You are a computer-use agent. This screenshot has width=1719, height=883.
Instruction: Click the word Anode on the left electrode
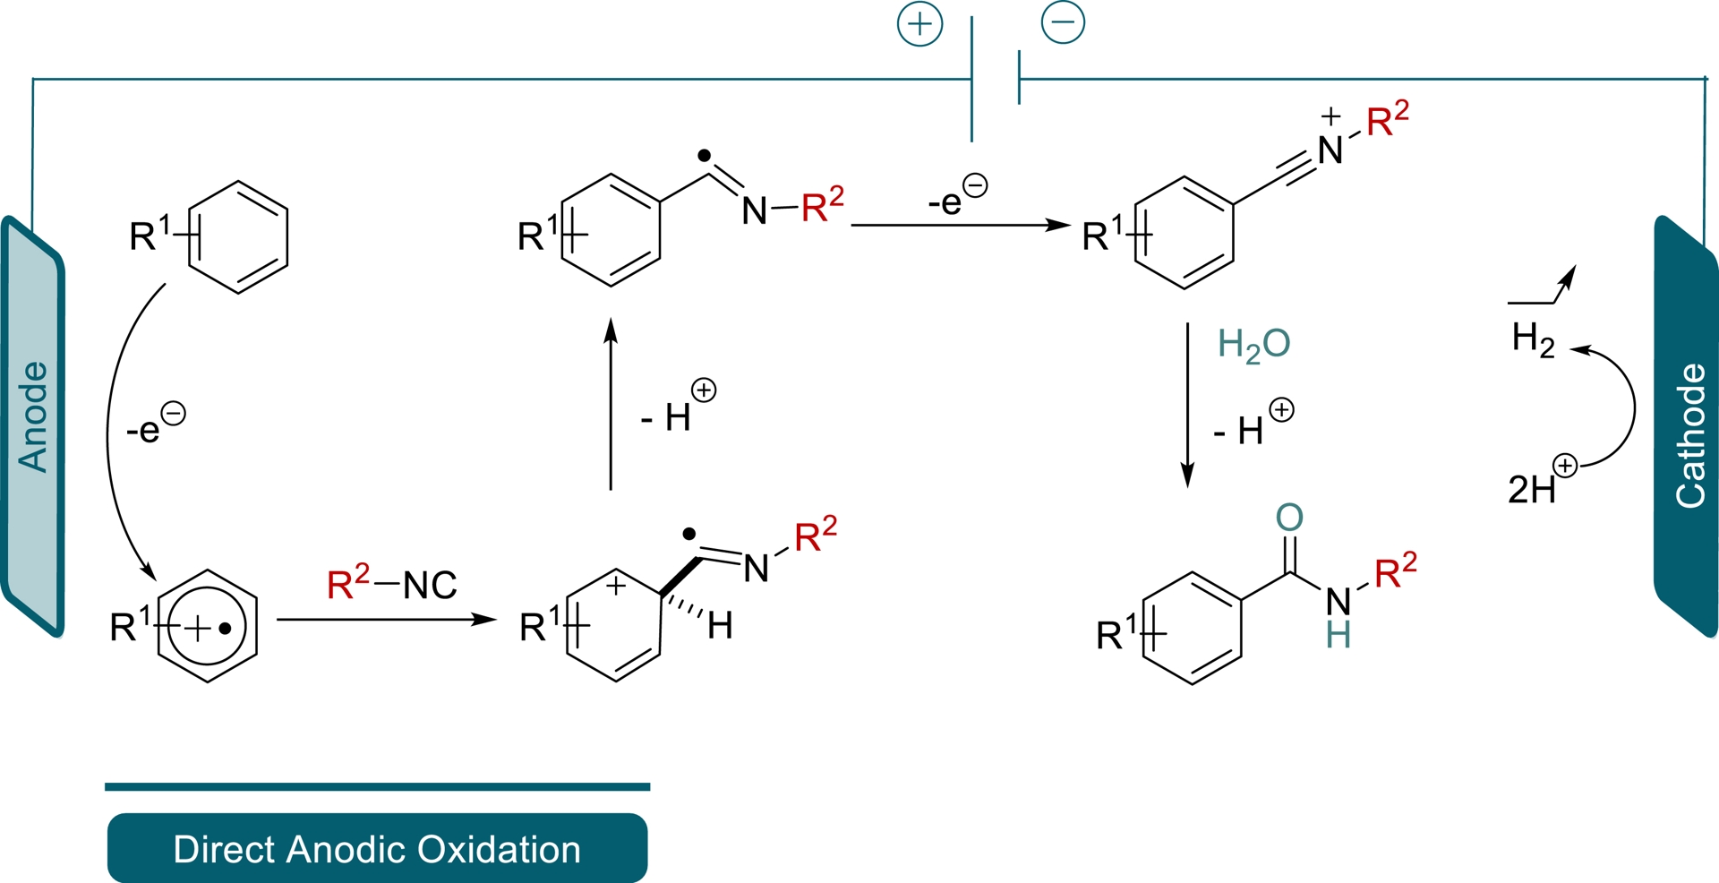pyautogui.click(x=33, y=416)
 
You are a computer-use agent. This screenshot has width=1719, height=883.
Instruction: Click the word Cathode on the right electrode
pyautogui.click(x=1690, y=436)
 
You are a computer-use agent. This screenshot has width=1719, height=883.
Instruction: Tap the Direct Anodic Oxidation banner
pyautogui.click(x=377, y=848)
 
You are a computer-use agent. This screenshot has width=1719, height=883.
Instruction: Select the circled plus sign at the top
pyautogui.click(x=920, y=24)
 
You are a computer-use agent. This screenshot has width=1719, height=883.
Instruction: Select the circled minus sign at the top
pyautogui.click(x=1063, y=22)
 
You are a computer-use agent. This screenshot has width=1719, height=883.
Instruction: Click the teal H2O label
pyautogui.click(x=1253, y=345)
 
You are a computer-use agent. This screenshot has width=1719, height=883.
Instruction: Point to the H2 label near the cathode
pyautogui.click(x=1533, y=339)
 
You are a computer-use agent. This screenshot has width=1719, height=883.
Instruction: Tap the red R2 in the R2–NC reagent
pyautogui.click(x=347, y=583)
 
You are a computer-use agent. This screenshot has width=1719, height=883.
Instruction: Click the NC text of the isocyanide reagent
pyautogui.click(x=430, y=586)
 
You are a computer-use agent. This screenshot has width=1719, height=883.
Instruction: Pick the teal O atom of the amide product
pyautogui.click(x=1289, y=518)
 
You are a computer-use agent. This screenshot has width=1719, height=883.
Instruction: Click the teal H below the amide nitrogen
pyautogui.click(x=1338, y=636)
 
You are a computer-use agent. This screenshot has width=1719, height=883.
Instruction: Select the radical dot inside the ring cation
pyautogui.click(x=226, y=629)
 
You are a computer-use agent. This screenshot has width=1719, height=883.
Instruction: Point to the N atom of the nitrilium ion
pyautogui.click(x=1330, y=150)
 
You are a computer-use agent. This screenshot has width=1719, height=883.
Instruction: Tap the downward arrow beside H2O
pyautogui.click(x=1187, y=403)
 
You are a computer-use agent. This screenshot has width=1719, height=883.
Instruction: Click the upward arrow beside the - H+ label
pyautogui.click(x=611, y=403)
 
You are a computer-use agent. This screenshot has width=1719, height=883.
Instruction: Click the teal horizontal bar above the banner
pyautogui.click(x=377, y=787)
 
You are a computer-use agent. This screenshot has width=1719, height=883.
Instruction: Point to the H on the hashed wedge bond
pyautogui.click(x=721, y=626)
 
